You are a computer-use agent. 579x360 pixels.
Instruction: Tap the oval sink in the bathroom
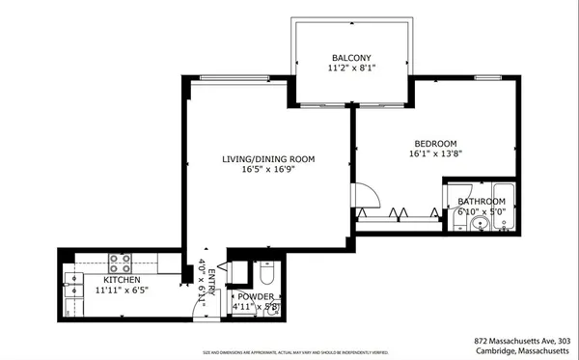tap(479, 224)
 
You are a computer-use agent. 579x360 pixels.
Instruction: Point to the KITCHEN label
tap(123, 281)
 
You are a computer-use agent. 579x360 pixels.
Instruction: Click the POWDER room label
tap(256, 296)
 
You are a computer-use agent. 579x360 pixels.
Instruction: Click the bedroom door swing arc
tap(363, 198)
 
